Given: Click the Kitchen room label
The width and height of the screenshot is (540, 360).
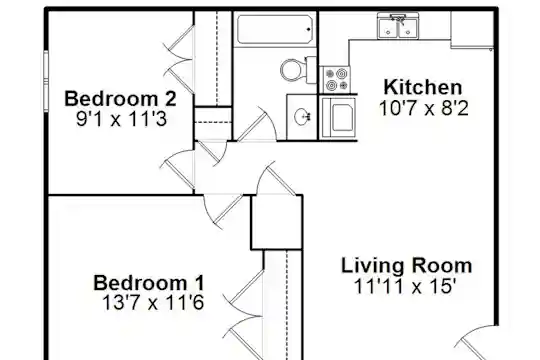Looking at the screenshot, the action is pos(423,88).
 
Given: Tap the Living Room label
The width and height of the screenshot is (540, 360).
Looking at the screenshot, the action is pos(406,266).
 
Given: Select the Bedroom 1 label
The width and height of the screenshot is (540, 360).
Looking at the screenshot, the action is pos(149,283).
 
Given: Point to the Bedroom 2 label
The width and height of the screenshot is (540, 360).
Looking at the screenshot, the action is pos(120,99).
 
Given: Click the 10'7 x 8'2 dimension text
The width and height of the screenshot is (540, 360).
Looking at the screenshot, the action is pos(424,109).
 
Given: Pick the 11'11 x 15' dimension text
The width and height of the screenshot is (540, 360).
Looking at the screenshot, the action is pos(405,286).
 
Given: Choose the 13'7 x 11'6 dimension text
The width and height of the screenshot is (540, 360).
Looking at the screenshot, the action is pos(153,303).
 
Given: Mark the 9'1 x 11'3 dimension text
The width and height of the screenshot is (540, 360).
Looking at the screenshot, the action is pos(121,119).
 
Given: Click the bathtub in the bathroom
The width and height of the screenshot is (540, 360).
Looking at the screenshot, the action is pos(275,29).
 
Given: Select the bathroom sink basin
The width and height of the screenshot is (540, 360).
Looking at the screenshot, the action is pos(302,116).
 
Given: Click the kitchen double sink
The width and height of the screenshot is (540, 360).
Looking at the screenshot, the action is pos(398,27).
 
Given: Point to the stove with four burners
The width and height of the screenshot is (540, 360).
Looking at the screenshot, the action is pos(337,80).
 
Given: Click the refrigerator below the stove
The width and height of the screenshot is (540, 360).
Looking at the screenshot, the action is pos(338,118).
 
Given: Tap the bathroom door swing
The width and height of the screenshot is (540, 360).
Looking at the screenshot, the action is pos(258,124).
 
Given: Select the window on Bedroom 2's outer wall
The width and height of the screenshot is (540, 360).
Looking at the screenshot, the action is pos(46,81).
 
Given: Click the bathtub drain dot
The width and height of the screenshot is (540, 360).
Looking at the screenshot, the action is pos(308,30).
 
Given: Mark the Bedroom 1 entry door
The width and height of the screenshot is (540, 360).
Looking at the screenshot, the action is pos(224,211).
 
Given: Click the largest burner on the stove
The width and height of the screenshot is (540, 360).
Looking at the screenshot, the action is pos(341,73).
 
